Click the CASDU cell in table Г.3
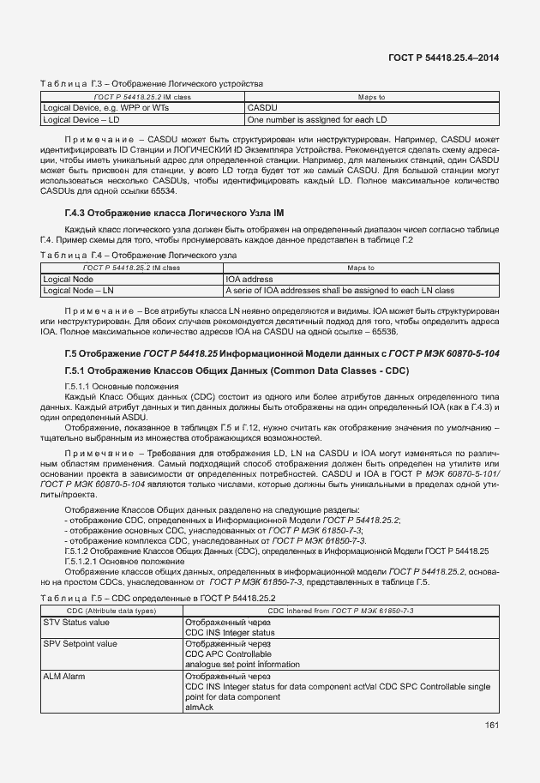click(x=261, y=109)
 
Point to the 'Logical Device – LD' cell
click(x=81, y=120)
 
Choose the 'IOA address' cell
click(x=249, y=280)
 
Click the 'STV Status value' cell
click(x=76, y=622)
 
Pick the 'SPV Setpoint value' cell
click(x=81, y=643)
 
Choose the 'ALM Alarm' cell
click(x=64, y=677)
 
